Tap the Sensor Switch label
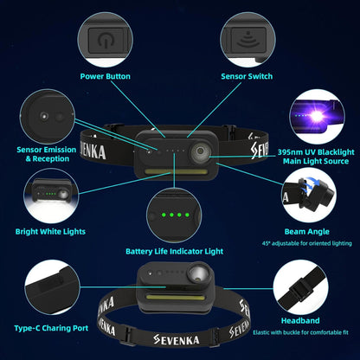247,76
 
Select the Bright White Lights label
50,231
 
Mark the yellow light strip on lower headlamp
173,296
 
